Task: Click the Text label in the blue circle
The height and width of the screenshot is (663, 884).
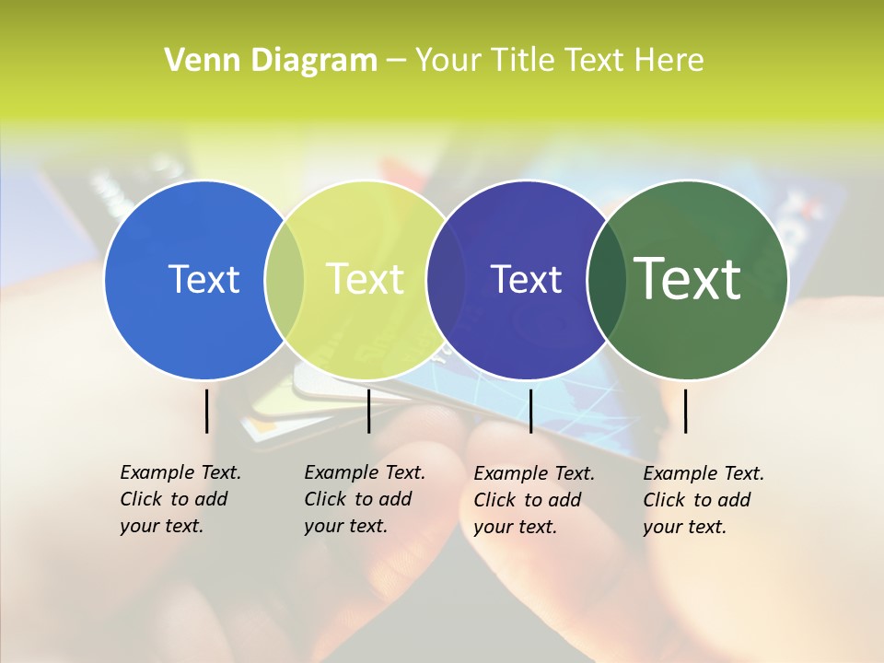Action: (204, 279)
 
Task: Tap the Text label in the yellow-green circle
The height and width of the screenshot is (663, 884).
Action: (365, 279)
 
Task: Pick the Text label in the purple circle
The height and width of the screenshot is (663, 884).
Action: (526, 279)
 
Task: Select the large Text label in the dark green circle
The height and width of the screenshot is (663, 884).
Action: (687, 279)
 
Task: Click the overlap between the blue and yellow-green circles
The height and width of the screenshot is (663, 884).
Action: (285, 279)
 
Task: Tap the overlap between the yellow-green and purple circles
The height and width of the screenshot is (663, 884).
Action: (446, 279)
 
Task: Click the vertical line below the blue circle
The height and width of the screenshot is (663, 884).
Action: (206, 411)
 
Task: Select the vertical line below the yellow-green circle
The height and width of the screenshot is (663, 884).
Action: (368, 411)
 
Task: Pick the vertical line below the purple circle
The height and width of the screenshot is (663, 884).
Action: (530, 411)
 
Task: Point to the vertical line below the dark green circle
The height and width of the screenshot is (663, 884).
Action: (685, 411)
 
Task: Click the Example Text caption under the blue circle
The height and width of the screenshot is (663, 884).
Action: (180, 499)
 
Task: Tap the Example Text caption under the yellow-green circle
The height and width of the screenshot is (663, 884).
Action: (364, 499)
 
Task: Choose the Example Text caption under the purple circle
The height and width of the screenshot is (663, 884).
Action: (533, 500)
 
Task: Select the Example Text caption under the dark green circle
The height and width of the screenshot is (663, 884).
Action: (703, 500)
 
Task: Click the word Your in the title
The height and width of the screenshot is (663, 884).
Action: (449, 61)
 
